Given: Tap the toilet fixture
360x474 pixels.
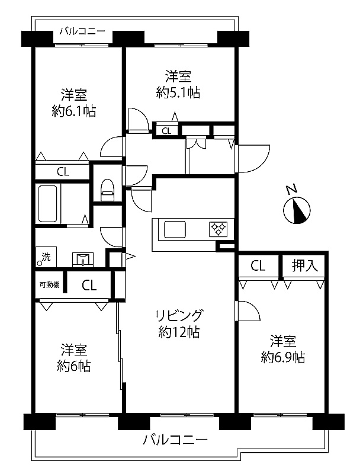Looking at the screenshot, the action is click(x=107, y=190).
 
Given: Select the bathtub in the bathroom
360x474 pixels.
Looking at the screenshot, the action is click(x=48, y=203).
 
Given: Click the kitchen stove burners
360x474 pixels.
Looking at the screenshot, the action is click(x=218, y=229).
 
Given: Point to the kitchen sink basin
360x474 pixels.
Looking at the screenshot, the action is click(x=175, y=230).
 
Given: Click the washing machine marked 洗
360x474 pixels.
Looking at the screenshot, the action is click(x=46, y=257).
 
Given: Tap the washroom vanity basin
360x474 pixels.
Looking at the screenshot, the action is click(x=83, y=260).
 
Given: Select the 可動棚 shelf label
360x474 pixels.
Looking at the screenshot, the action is click(x=50, y=284).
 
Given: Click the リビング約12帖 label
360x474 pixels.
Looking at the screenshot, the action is click(x=179, y=324).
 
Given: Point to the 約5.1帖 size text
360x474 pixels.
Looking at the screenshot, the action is click(x=178, y=92).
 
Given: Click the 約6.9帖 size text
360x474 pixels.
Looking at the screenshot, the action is click(x=282, y=357).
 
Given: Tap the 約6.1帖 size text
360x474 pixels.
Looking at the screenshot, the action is click(x=74, y=111).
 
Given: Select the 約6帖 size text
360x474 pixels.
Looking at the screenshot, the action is click(x=74, y=366).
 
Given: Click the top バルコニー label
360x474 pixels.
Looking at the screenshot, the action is click(x=82, y=31).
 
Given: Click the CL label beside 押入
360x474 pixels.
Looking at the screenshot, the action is click(x=258, y=265).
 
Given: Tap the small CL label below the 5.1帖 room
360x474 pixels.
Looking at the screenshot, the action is click(x=166, y=131).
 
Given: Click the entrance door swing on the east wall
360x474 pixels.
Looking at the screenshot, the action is click(x=253, y=158).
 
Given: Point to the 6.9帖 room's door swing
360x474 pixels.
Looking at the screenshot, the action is click(x=247, y=310).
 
